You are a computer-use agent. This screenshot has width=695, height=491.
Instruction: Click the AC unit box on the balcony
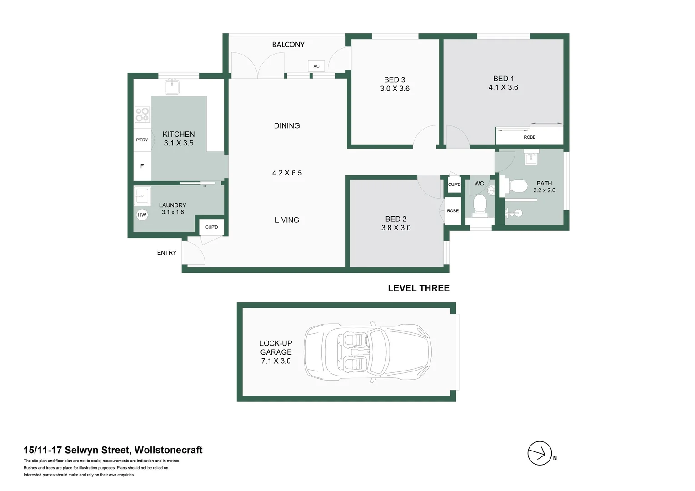click(x=316, y=66)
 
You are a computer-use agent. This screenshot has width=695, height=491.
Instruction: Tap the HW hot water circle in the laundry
click(x=142, y=215)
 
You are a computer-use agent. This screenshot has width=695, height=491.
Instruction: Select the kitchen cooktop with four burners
click(x=142, y=115)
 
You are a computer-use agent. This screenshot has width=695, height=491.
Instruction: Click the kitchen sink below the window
click(x=172, y=86)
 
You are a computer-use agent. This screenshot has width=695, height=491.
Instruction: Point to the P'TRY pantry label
click(x=142, y=140)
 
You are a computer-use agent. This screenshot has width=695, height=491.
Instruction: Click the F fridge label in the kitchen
click(x=142, y=166)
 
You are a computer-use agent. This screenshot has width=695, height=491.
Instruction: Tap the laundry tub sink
click(x=142, y=196)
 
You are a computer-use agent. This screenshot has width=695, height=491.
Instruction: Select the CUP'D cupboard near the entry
click(x=211, y=227)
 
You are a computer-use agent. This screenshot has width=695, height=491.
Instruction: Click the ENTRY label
click(x=167, y=253)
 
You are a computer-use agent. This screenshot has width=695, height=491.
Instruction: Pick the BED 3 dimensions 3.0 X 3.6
click(x=395, y=89)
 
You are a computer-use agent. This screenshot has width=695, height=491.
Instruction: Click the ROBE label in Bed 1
click(x=530, y=137)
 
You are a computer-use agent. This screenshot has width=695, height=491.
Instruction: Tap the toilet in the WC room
click(x=480, y=204)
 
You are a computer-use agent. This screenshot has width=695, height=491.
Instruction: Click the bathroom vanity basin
click(x=531, y=159)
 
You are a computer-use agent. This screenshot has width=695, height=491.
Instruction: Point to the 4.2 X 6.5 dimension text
click(x=287, y=173)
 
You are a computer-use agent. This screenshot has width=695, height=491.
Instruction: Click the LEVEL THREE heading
click(x=419, y=288)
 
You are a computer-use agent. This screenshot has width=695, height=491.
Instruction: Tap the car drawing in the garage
click(x=367, y=352)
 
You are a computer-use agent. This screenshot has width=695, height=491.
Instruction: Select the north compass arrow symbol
click(x=540, y=453)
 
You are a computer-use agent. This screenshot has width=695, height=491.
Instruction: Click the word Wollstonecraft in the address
click(x=168, y=450)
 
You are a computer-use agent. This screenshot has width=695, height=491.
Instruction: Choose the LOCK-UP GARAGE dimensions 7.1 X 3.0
click(x=276, y=361)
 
